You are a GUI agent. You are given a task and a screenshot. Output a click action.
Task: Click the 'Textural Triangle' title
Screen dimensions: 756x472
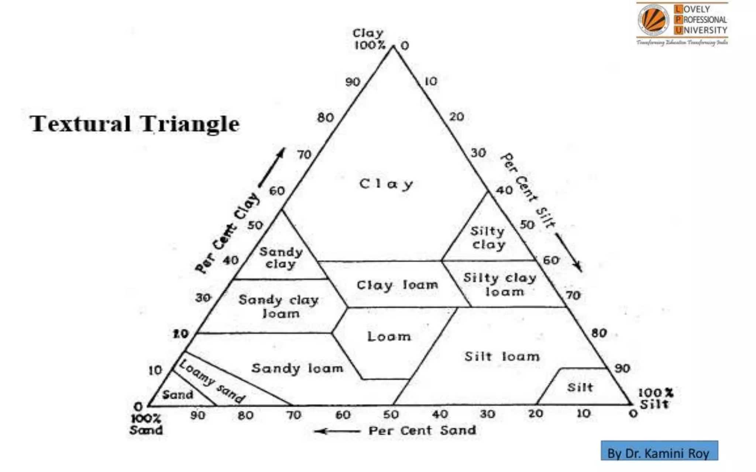[135, 124]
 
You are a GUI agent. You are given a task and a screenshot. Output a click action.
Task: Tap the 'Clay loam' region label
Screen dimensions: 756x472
[397, 285]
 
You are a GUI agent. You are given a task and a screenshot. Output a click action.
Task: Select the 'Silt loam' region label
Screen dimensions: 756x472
[502, 357]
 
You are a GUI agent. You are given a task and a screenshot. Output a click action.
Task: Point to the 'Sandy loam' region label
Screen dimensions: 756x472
[297, 368]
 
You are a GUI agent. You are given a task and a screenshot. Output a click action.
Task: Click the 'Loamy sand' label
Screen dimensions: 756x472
[212, 381]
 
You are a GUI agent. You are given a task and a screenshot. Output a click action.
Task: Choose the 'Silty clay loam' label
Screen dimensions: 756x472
[500, 285]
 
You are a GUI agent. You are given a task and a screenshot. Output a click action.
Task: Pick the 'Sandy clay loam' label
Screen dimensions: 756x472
[279, 306]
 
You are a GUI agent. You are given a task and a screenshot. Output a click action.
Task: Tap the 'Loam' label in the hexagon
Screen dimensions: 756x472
[389, 336]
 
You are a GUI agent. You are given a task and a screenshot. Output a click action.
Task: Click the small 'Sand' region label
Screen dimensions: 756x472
[178, 395]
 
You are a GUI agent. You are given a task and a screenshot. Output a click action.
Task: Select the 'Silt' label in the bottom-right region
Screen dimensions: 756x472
[580, 387]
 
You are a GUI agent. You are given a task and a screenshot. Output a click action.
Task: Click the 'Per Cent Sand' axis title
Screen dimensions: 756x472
[422, 430]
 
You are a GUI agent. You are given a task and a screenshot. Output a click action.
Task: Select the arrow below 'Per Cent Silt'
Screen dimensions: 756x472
[568, 253]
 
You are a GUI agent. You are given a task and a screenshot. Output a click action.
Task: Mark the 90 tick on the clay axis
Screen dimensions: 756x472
[353, 82]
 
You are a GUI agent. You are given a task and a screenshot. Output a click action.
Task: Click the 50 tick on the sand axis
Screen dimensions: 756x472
[391, 415]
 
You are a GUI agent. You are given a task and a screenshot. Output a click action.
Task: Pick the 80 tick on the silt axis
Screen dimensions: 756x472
[599, 333]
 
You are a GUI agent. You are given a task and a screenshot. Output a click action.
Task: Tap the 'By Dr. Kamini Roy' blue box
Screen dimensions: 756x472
[659, 451]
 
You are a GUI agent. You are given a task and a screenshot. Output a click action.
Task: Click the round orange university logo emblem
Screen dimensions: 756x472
[653, 20]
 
